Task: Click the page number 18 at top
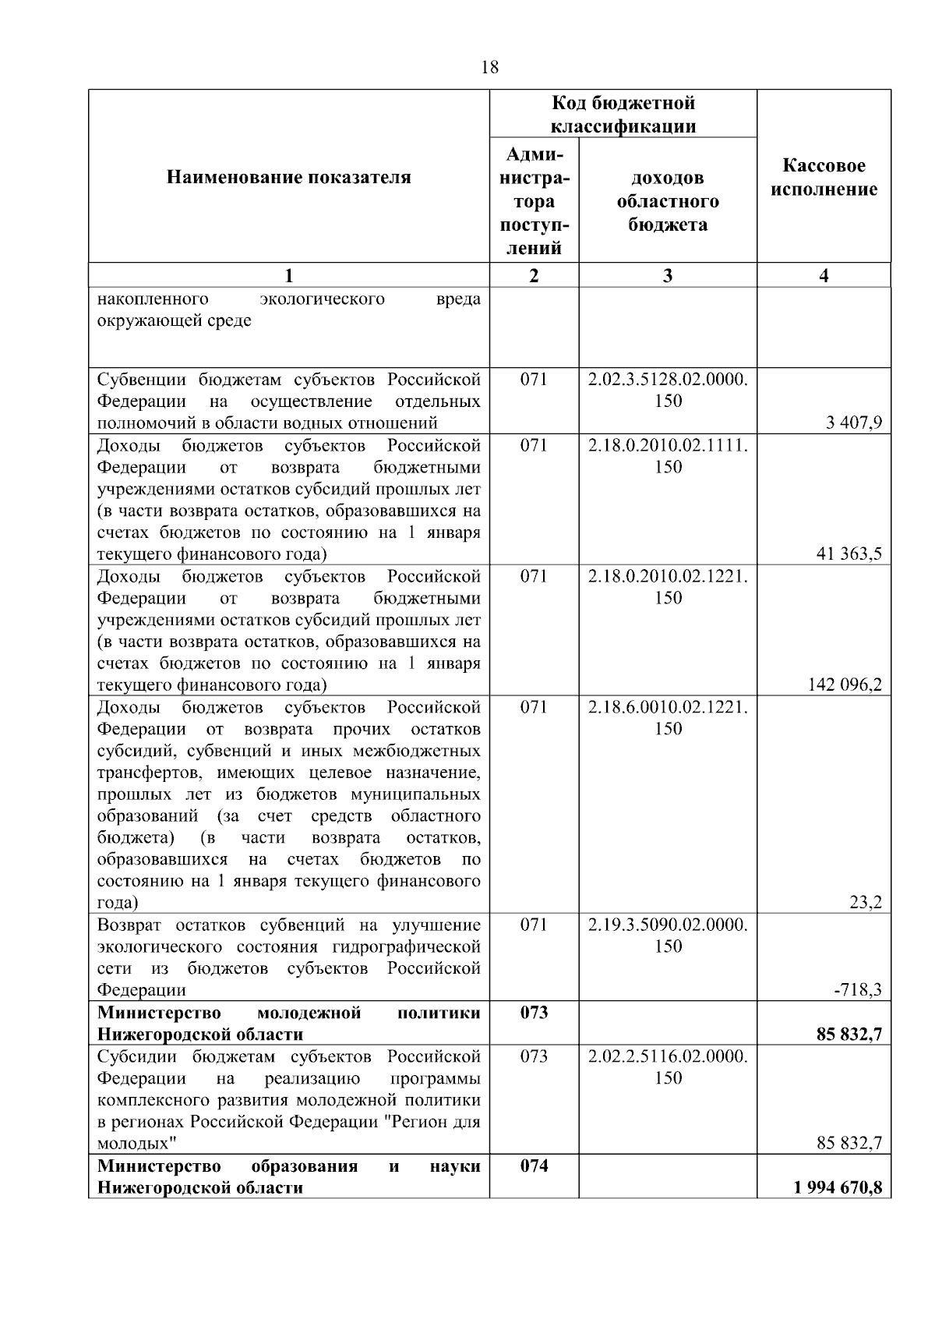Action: click(490, 67)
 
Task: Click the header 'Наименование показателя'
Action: click(288, 178)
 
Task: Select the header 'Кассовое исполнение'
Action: click(824, 178)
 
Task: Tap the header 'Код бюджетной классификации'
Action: click(623, 114)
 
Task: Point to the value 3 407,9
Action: click(855, 423)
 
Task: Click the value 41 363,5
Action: click(849, 554)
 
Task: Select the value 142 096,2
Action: click(845, 685)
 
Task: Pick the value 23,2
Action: click(866, 903)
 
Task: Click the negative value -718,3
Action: click(858, 990)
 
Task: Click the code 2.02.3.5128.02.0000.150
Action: click(668, 390)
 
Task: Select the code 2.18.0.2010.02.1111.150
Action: click(668, 455)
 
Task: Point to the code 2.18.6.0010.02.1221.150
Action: click(668, 717)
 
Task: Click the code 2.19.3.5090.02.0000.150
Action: click(668, 935)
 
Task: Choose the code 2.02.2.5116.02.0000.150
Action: click(668, 1066)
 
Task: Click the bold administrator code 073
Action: click(534, 1012)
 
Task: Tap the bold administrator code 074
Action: click(534, 1166)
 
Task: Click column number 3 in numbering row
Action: click(668, 275)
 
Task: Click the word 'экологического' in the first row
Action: click(322, 299)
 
